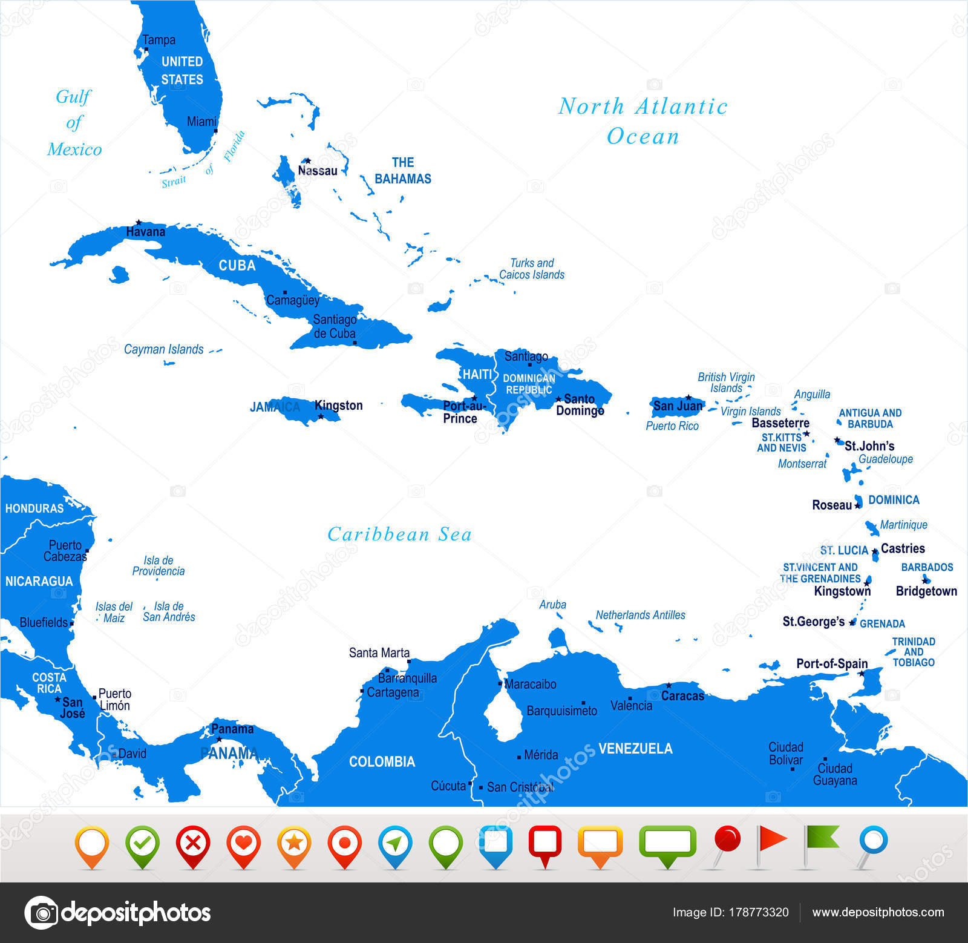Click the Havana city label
(145, 232)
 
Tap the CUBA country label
(237, 266)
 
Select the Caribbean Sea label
(399, 534)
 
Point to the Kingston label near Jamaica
(339, 406)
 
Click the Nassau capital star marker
(307, 161)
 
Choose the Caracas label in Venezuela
(682, 696)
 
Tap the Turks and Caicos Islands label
(531, 269)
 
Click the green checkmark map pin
(142, 844)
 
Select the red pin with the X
(193, 844)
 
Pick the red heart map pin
(243, 844)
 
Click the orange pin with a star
(294, 844)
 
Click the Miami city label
(201, 122)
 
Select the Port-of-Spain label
(832, 663)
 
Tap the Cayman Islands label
(163, 349)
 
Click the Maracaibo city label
(531, 684)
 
